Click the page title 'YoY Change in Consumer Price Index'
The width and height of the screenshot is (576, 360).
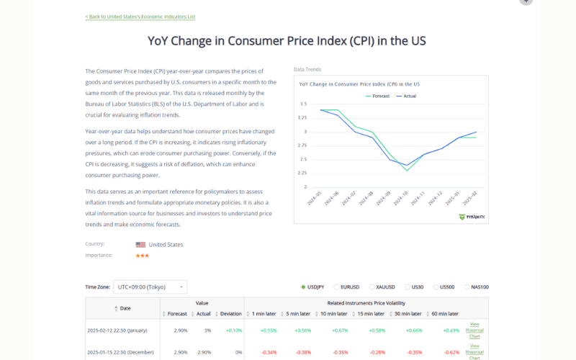click(x=287, y=41)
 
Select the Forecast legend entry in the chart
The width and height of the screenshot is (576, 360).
click(x=377, y=96)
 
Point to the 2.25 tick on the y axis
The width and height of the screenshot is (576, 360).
click(x=302, y=173)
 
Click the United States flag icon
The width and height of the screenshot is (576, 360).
click(x=140, y=245)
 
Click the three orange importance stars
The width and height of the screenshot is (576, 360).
click(x=142, y=256)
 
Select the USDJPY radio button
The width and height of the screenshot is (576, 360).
click(x=304, y=287)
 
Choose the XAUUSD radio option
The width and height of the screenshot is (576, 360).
click(x=372, y=287)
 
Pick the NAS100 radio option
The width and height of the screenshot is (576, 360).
click(x=467, y=287)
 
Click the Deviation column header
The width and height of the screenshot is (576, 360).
click(x=230, y=314)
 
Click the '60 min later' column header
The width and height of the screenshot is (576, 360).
click(x=444, y=314)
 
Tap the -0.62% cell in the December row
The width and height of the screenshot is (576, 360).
click(x=451, y=353)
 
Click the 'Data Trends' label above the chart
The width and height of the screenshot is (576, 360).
click(x=307, y=70)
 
